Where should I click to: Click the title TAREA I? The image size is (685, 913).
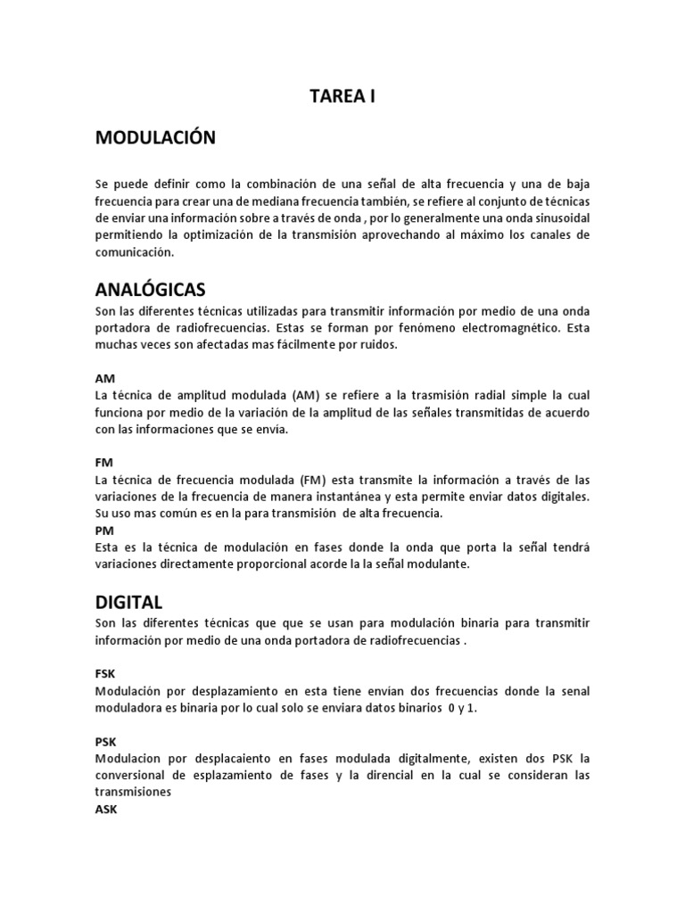pyautogui.click(x=342, y=97)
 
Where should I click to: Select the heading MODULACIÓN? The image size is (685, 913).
pyautogui.click(x=155, y=137)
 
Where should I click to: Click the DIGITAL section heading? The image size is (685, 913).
pyautogui.click(x=128, y=603)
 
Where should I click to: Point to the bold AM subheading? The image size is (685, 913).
pyautogui.click(x=104, y=378)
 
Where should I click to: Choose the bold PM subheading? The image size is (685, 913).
pyautogui.click(x=103, y=530)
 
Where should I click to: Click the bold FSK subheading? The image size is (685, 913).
pyautogui.click(x=105, y=674)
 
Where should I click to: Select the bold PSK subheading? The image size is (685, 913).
pyautogui.click(x=105, y=741)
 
